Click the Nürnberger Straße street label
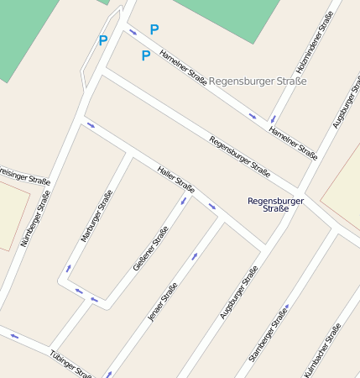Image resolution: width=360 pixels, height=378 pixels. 35,218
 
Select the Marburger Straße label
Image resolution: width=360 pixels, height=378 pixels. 97,217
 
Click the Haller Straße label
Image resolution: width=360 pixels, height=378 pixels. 175,179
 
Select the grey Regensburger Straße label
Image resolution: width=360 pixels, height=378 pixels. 257,81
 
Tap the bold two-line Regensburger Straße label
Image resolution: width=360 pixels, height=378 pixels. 276,204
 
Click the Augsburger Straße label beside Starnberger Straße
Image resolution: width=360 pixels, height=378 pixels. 237,292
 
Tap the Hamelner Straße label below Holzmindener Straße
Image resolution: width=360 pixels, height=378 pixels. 293,143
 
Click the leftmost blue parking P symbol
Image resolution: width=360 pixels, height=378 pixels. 103,39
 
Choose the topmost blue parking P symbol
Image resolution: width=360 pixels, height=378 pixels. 154,29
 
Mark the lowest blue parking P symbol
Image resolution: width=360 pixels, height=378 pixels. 145,55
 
